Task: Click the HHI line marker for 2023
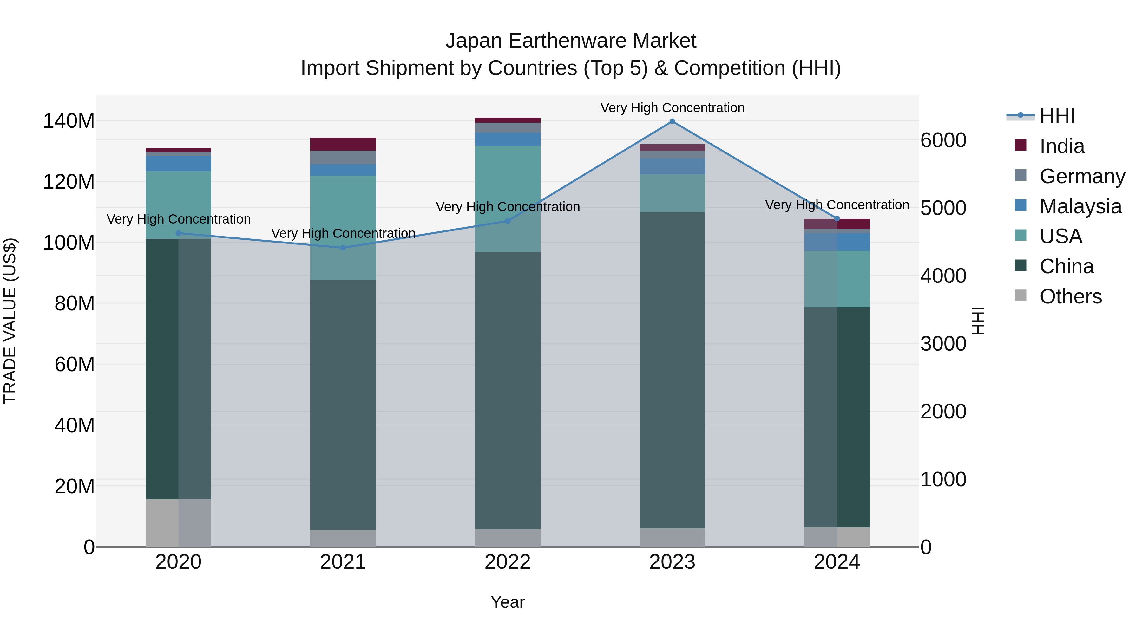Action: [672, 121]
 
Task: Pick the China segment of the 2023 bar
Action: [672, 370]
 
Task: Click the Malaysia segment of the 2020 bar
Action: [178, 164]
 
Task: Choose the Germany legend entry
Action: [1082, 176]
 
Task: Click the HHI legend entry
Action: [1057, 116]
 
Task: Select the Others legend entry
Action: [1070, 296]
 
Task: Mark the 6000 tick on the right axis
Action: [943, 140]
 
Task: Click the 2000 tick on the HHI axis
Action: [943, 412]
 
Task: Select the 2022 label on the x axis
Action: [508, 562]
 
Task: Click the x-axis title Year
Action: [508, 602]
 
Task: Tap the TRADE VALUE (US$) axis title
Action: [10, 321]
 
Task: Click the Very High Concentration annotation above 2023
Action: [672, 108]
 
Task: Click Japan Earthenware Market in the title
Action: [571, 41]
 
